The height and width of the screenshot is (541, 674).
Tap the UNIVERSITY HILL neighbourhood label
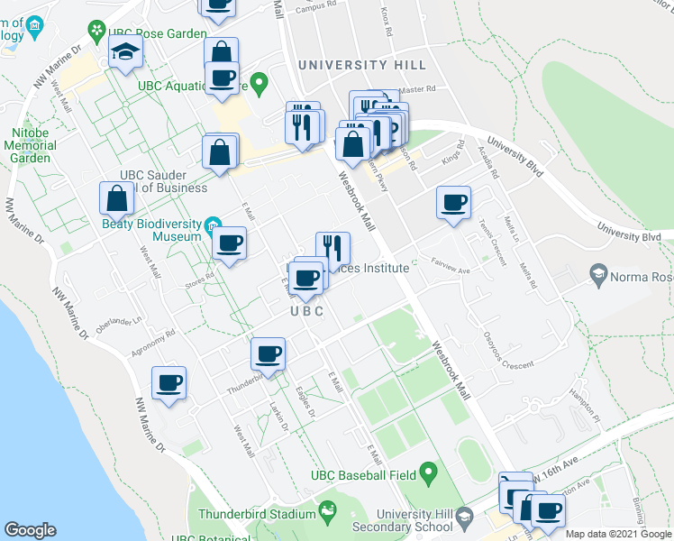356,65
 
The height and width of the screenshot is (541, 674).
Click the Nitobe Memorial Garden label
31,144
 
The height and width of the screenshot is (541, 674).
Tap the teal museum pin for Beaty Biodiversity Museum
213,223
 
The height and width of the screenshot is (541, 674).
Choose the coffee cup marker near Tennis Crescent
453,202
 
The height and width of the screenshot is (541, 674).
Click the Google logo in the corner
30,530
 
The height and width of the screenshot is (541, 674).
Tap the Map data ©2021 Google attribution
618,534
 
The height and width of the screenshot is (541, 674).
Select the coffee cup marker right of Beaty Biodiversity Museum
229,243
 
